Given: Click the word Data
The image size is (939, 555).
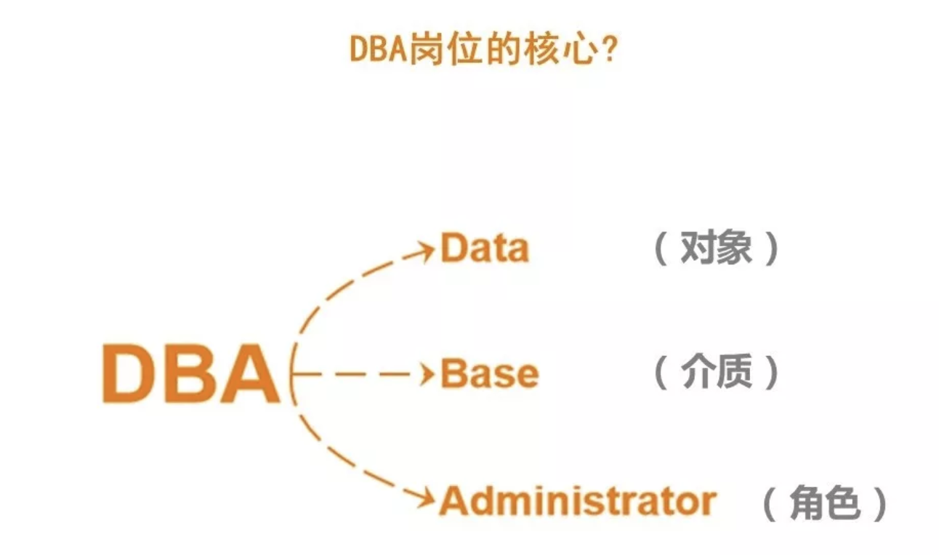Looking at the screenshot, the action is point(485,248).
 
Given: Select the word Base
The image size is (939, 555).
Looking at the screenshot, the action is point(490,373).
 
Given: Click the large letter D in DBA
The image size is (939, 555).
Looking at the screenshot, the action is point(127,373).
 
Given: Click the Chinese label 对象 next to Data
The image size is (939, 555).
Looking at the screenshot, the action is point(716,248).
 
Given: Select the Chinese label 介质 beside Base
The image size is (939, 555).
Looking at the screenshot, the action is point(716,371).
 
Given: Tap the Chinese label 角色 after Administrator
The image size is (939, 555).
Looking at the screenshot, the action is point(825,503).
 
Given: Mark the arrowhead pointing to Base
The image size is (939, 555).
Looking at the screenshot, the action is point(427,373).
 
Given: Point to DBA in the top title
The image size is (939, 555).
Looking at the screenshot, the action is point(379,49).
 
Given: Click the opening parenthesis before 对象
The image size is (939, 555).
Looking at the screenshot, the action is point(661,248).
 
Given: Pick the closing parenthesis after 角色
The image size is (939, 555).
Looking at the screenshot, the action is point(880,503).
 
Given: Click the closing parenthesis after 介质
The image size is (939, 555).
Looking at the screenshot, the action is point(771,373).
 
